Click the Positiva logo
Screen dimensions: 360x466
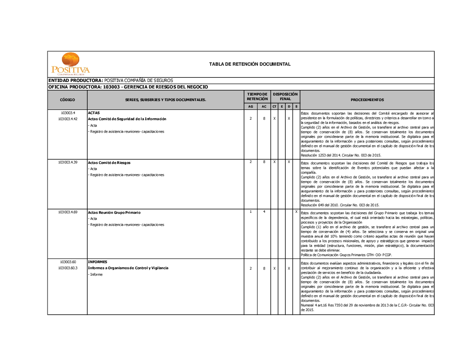click(70, 64)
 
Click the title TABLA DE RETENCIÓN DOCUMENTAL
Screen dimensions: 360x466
click(250, 64)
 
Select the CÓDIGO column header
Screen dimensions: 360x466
click(67, 100)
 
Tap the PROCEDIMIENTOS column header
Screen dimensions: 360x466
click(367, 100)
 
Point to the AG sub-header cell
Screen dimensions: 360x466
click(251, 107)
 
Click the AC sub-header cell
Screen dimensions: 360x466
click(264, 107)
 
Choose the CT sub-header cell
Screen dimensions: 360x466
click(274, 107)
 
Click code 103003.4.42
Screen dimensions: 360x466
click(68, 119)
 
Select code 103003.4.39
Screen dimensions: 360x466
click(68, 162)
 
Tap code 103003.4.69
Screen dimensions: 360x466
click(68, 212)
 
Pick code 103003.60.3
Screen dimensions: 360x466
click(68, 268)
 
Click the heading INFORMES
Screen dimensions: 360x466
click(97, 262)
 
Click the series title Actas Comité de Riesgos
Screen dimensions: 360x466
click(109, 163)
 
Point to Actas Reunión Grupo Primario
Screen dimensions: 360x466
click(114, 212)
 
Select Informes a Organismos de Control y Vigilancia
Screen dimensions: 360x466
click(128, 268)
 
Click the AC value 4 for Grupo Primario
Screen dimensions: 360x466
click(264, 212)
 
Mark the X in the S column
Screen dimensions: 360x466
click(296, 212)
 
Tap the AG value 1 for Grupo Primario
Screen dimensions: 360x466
click(251, 212)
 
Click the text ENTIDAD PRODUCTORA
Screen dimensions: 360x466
click(75, 81)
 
